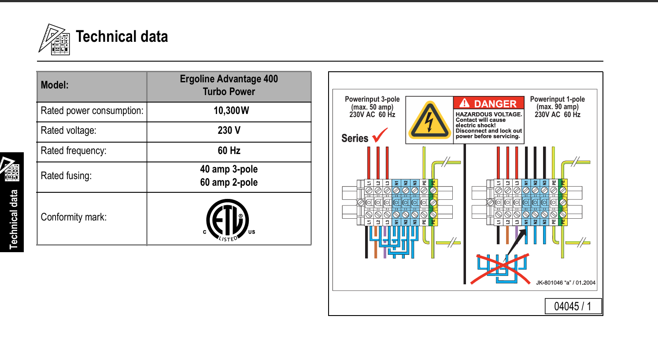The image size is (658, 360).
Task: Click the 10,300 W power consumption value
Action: (x=231, y=111)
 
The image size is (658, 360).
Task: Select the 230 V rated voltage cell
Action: (x=229, y=130)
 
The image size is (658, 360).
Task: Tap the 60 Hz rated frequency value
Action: (x=229, y=151)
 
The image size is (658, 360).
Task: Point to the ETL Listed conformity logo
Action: (x=229, y=220)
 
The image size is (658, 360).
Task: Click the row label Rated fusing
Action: (x=66, y=176)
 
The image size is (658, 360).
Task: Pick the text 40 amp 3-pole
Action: (x=229, y=169)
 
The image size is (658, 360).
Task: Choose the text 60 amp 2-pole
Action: (x=229, y=182)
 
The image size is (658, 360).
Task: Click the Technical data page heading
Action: (x=122, y=37)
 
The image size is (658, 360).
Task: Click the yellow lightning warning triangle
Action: (x=429, y=121)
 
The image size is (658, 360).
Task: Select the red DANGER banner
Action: (x=489, y=103)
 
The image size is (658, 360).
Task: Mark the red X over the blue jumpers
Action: (x=501, y=268)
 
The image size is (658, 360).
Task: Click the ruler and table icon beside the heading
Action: (x=54, y=40)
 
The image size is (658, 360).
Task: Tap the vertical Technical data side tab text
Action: (x=14, y=220)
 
